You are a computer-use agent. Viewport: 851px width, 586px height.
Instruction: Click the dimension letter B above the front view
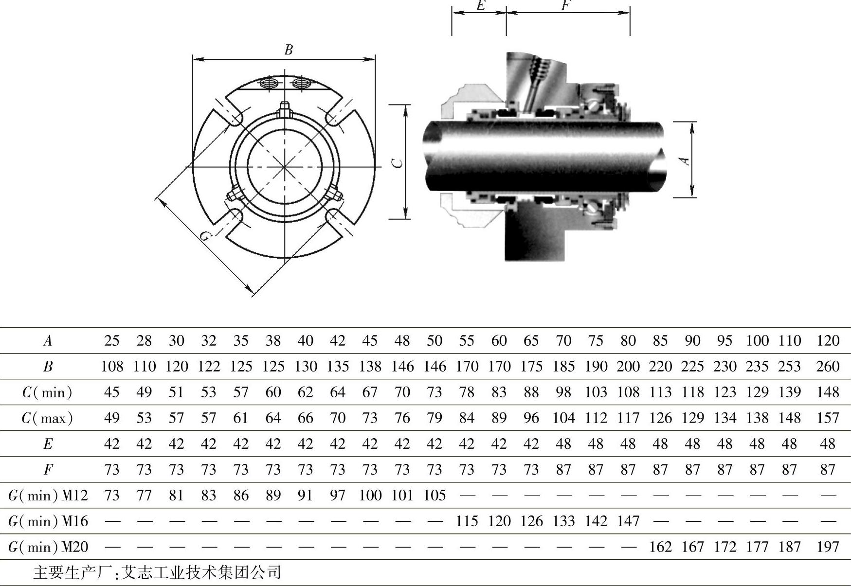point(289,50)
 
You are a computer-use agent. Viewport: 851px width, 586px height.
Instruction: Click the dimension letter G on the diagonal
point(206,236)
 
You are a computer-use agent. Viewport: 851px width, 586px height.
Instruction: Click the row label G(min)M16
point(48,521)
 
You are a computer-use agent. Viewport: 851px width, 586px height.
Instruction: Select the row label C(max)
point(47,418)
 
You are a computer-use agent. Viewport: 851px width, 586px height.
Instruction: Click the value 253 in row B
point(789,366)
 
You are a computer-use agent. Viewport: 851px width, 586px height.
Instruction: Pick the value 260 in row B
point(828,366)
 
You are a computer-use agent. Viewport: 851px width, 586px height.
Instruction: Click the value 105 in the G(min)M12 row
point(435,496)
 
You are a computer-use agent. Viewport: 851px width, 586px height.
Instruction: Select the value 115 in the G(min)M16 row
point(467,521)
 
